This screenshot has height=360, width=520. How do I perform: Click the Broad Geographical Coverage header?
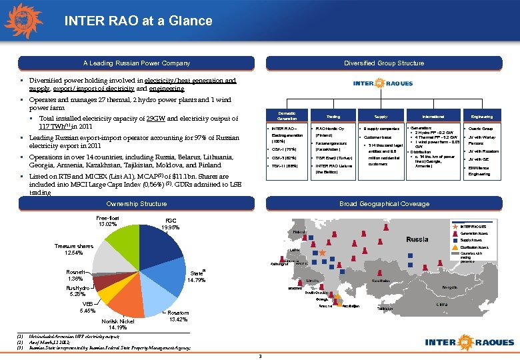[x=384, y=203]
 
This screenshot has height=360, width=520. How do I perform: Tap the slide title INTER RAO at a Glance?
[x=138, y=21]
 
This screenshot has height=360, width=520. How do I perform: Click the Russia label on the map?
[x=417, y=239]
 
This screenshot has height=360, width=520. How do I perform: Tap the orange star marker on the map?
[x=323, y=253]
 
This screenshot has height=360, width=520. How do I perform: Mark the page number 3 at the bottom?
[x=260, y=355]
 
